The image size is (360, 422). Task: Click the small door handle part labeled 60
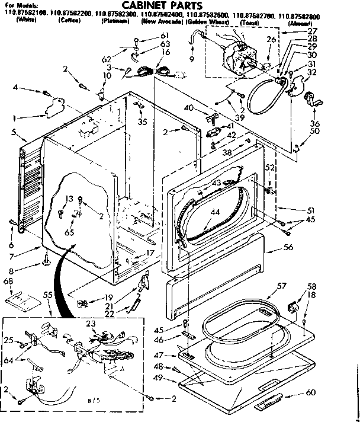coord(269,405)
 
